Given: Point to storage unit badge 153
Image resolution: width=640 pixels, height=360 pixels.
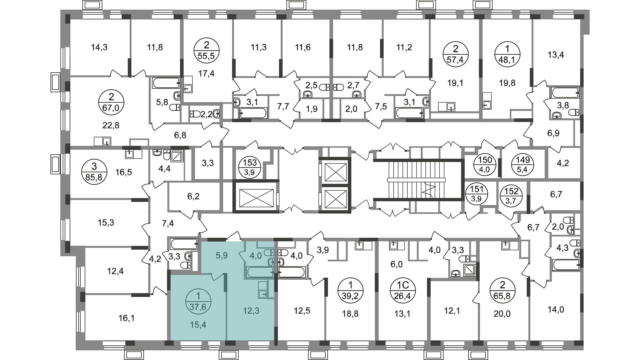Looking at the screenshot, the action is coord(250,168).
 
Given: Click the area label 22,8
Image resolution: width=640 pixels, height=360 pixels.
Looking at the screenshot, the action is coord(111,126).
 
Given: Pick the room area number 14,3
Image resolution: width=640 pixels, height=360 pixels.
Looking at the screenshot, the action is coord(99,47).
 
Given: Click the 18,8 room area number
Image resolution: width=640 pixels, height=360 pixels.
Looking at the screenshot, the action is coord(351,314).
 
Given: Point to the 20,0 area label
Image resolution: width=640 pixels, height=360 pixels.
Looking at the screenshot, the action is coord(502,314).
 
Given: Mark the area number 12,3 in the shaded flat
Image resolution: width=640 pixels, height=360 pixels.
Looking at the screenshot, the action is coord(251,311).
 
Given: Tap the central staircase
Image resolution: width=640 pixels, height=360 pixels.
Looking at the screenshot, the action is coord(417,180).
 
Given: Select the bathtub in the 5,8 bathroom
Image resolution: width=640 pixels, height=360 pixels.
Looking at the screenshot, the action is coord(166,83).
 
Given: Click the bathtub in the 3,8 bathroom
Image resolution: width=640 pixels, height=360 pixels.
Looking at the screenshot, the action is coord(565,92).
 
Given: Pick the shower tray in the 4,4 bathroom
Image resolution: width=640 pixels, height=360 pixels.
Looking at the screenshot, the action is coord(177,156).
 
